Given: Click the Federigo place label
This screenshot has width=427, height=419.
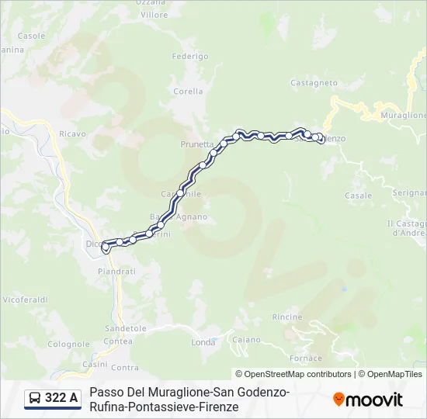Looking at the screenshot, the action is pyautogui.click(x=190, y=57).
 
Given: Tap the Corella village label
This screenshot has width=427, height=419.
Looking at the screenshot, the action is pyautogui.click(x=189, y=91).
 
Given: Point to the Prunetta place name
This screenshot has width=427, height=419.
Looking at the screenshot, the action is pyautogui.click(x=196, y=144).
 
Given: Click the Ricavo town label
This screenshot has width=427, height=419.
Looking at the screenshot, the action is pyautogui.click(x=72, y=134).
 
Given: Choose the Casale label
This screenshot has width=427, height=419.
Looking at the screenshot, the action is pyautogui.click(x=359, y=196).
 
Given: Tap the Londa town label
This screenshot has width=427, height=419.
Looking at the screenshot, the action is pyautogui.click(x=203, y=342).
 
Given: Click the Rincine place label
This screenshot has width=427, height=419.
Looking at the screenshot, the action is pyautogui.click(x=287, y=317).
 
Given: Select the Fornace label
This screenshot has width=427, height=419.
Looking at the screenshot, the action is pyautogui.click(x=305, y=358).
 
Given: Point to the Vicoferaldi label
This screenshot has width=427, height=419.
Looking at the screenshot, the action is pyautogui.click(x=25, y=299).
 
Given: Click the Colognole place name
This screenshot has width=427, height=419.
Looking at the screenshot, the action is pyautogui.click(x=69, y=344).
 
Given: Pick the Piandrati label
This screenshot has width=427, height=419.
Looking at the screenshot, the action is pyautogui.click(x=117, y=272).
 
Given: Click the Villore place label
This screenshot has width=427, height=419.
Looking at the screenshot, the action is pyautogui.click(x=154, y=15).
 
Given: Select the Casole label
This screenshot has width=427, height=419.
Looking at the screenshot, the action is pyautogui.click(x=32, y=36).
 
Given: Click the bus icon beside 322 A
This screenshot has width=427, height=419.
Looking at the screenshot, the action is pyautogui.click(x=35, y=398).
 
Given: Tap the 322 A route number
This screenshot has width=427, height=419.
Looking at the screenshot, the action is pyautogui.click(x=61, y=398).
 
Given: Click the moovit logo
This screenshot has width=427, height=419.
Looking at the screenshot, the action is pyautogui.click(x=368, y=400).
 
